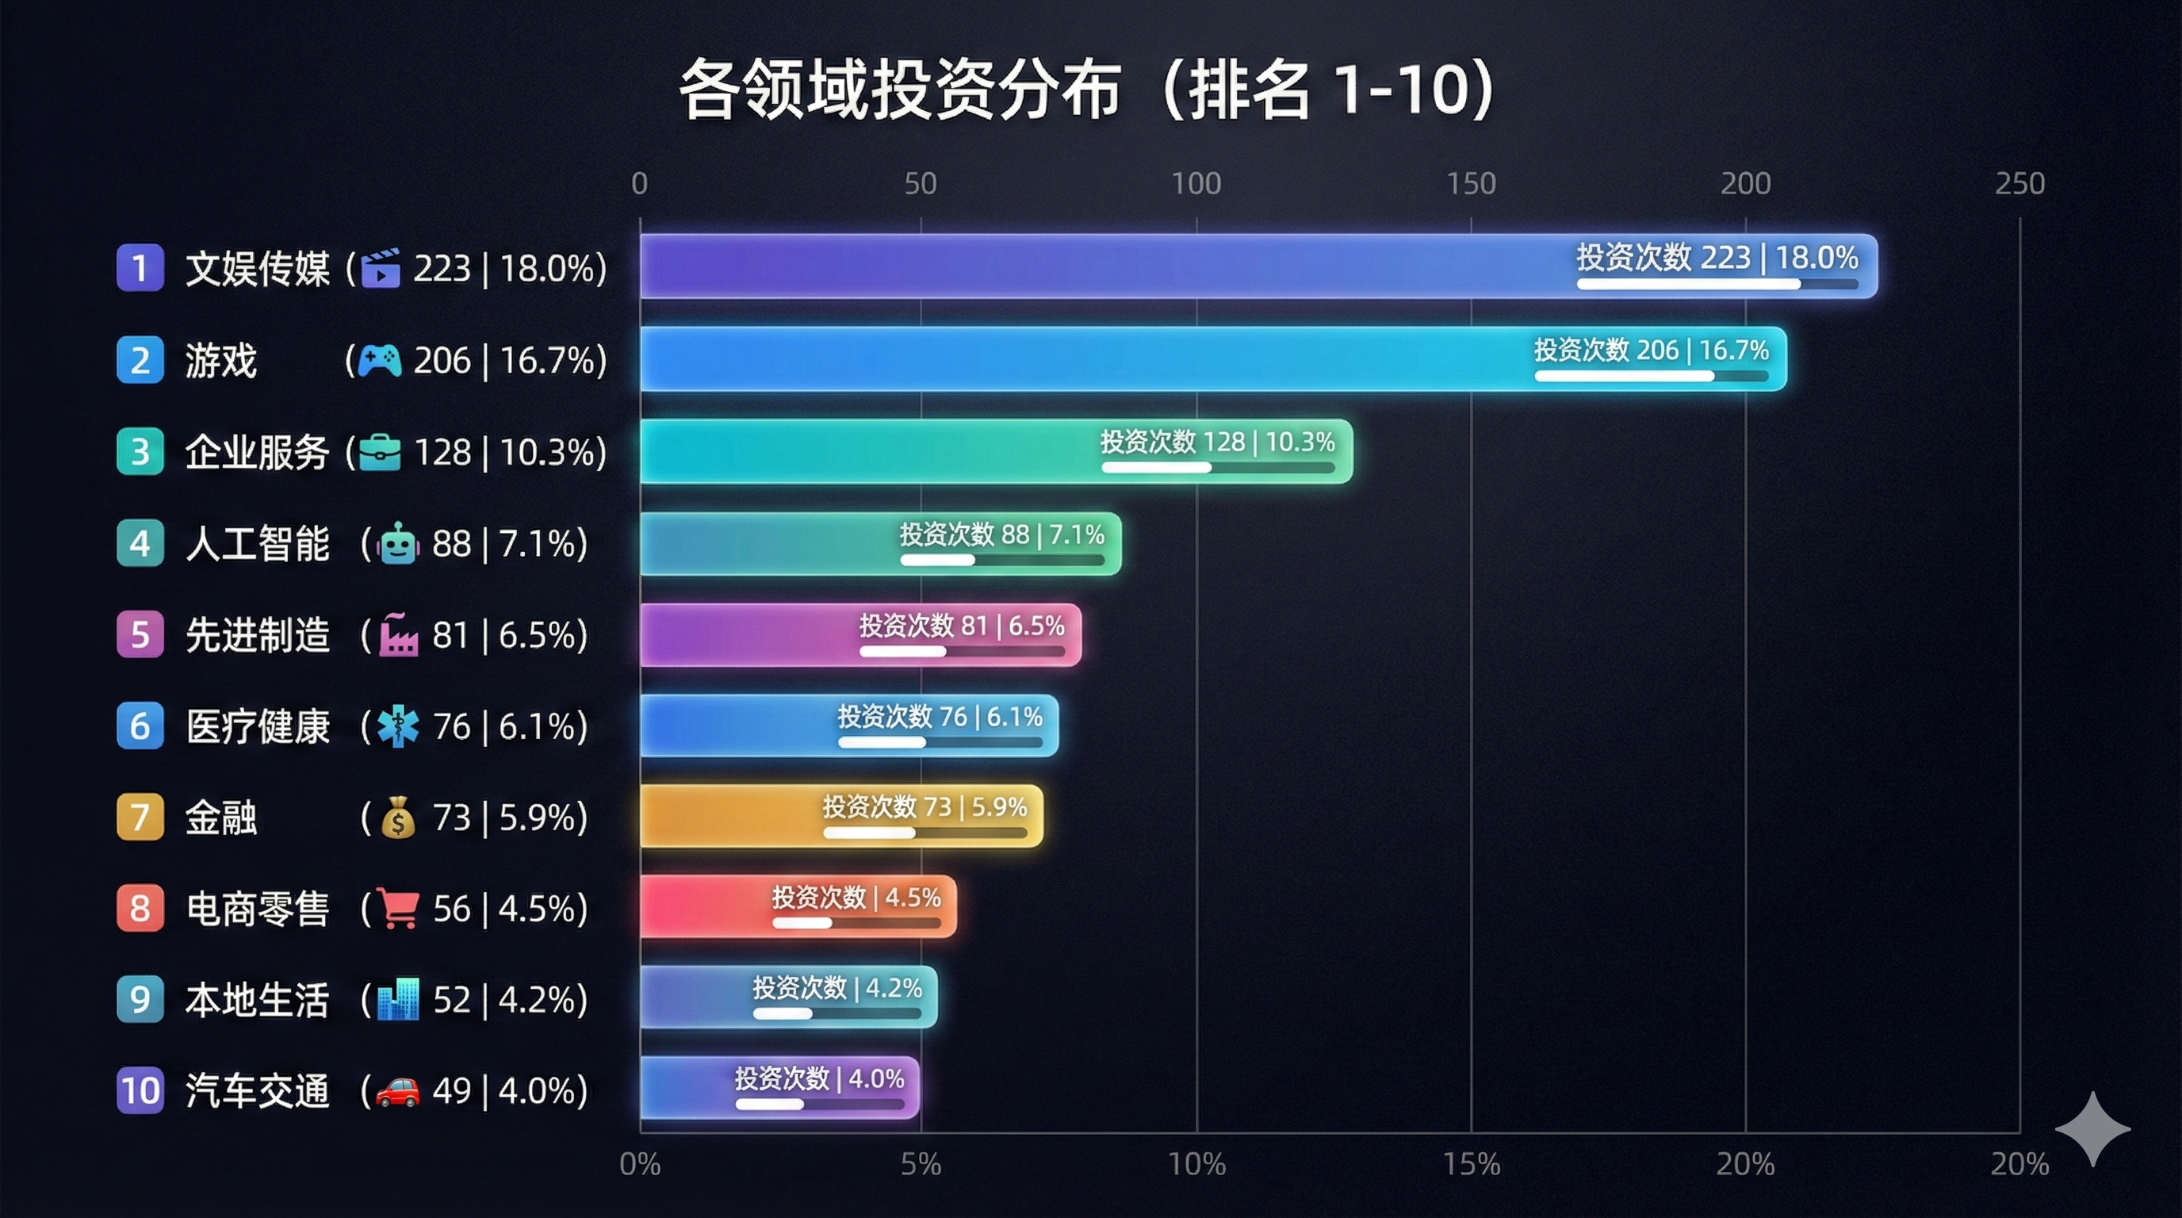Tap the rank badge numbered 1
140,268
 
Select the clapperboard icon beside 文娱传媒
381,269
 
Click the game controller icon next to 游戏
379,360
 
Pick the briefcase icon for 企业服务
380,452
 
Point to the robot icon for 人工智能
398,544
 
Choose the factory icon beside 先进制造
398,635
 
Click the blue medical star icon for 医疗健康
398,726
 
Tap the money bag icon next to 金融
398,818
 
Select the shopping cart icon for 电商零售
397,909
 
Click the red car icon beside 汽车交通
397,1091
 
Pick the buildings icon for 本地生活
397,999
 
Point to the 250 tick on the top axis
2019,184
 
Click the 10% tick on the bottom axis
1196,1165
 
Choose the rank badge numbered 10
140,1090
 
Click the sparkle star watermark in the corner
2092,1129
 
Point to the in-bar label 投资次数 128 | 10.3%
1217,442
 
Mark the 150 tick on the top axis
1471,184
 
